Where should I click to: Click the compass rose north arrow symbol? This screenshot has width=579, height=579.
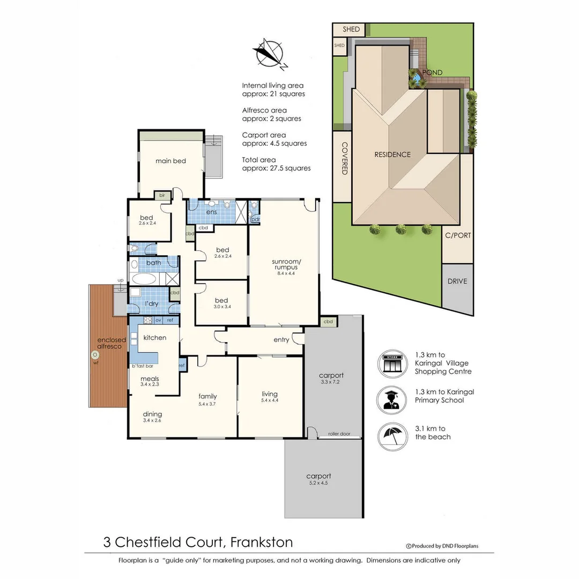click(x=269, y=53)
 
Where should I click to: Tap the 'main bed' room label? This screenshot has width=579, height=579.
click(x=170, y=161)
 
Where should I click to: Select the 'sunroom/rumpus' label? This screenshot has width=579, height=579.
click(x=284, y=263)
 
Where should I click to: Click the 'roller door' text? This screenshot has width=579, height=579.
click(x=339, y=434)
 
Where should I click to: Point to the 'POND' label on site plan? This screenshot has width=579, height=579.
click(x=432, y=72)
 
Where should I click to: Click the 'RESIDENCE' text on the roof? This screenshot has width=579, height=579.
click(x=392, y=154)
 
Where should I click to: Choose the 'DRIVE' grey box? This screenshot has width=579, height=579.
click(x=457, y=281)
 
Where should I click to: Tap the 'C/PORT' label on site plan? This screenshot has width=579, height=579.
click(x=458, y=235)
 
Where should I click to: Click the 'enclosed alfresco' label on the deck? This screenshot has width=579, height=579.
click(x=112, y=344)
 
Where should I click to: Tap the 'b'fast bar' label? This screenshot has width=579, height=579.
click(x=143, y=366)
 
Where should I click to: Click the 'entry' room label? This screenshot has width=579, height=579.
click(x=281, y=340)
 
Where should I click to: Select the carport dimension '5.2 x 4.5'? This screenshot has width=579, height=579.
click(x=318, y=483)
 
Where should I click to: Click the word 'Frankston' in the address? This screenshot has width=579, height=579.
click(x=262, y=542)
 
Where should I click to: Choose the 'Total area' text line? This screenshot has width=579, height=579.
click(x=259, y=160)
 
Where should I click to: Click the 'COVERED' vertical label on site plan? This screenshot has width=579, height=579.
click(x=345, y=158)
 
